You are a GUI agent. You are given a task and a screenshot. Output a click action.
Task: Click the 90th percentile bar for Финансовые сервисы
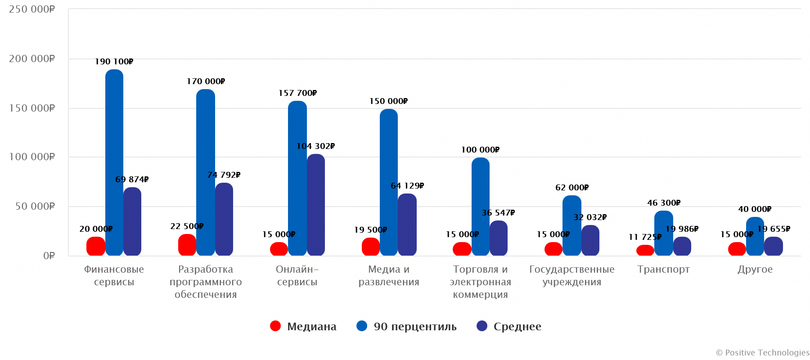click(114, 162)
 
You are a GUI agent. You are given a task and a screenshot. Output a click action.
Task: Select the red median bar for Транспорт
click(645, 251)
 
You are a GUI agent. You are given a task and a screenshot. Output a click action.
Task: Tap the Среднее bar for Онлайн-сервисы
click(316, 205)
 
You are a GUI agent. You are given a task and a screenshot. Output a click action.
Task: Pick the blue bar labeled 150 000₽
click(389, 182)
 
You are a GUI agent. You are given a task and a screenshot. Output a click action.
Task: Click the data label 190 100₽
click(114, 62)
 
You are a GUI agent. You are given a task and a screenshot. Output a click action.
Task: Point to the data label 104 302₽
click(315, 146)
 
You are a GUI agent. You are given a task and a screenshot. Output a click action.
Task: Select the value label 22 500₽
click(187, 226)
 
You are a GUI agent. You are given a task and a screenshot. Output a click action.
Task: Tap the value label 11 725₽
click(645, 237)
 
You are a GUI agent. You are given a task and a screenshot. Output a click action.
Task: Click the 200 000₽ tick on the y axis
click(32, 59)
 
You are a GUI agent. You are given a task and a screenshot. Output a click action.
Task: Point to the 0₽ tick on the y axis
click(49, 256)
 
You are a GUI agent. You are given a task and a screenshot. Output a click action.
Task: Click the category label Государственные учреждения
click(571, 275)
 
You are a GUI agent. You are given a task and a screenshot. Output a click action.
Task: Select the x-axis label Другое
click(755, 270)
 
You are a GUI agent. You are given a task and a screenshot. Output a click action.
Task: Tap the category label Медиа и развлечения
click(389, 275)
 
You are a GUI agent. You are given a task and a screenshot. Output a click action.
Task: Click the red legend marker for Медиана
click(275, 326)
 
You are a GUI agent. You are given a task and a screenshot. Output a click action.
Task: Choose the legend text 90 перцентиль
click(415, 327)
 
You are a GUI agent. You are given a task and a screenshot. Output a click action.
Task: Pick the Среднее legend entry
click(517, 327)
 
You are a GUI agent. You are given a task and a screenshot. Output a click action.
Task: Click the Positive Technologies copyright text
click(762, 353)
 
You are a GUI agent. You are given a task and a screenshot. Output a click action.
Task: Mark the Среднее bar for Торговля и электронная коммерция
click(499, 238)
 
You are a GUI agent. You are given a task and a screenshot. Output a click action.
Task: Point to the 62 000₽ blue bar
click(571, 225)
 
